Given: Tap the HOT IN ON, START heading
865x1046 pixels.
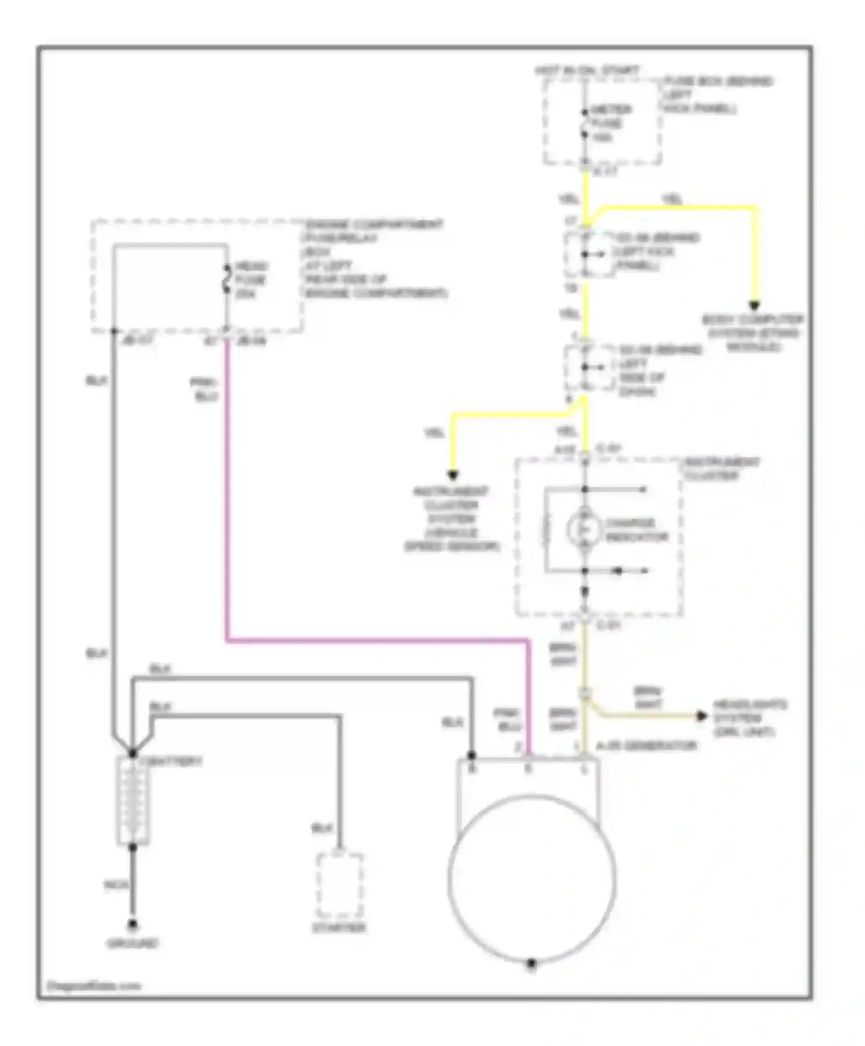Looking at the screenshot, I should coord(586,70).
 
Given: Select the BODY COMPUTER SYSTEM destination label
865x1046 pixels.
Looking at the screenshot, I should coord(753,333).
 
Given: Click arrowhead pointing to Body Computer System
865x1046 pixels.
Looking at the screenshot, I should coord(754,306).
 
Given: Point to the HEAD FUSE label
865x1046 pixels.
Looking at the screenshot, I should coord(251,280).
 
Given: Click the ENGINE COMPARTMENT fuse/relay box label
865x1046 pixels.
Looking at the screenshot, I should coord(375,258).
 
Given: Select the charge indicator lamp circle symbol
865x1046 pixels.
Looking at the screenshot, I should coord(584,529).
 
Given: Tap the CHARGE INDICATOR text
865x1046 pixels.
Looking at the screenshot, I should coord(636,530).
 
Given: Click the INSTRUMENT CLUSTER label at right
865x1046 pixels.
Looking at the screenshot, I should coord(721,469).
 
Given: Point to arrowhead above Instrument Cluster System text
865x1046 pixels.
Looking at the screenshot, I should coord(453,475).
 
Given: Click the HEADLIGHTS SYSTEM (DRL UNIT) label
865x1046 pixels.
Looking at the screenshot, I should coord(750,718).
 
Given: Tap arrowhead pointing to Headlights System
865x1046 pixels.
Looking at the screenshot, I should coord(702,716).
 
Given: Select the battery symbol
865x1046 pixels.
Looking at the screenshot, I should coord(133,800).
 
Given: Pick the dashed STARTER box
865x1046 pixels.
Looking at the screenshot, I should coord(340,885).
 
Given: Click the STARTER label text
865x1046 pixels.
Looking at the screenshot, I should coord(339,928).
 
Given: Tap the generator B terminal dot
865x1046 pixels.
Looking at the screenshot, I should coord(472,755).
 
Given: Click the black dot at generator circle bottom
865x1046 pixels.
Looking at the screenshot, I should coord(532,963).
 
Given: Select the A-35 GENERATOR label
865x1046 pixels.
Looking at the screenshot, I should coord(646,746).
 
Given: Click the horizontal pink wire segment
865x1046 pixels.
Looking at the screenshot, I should coord(378,640).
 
